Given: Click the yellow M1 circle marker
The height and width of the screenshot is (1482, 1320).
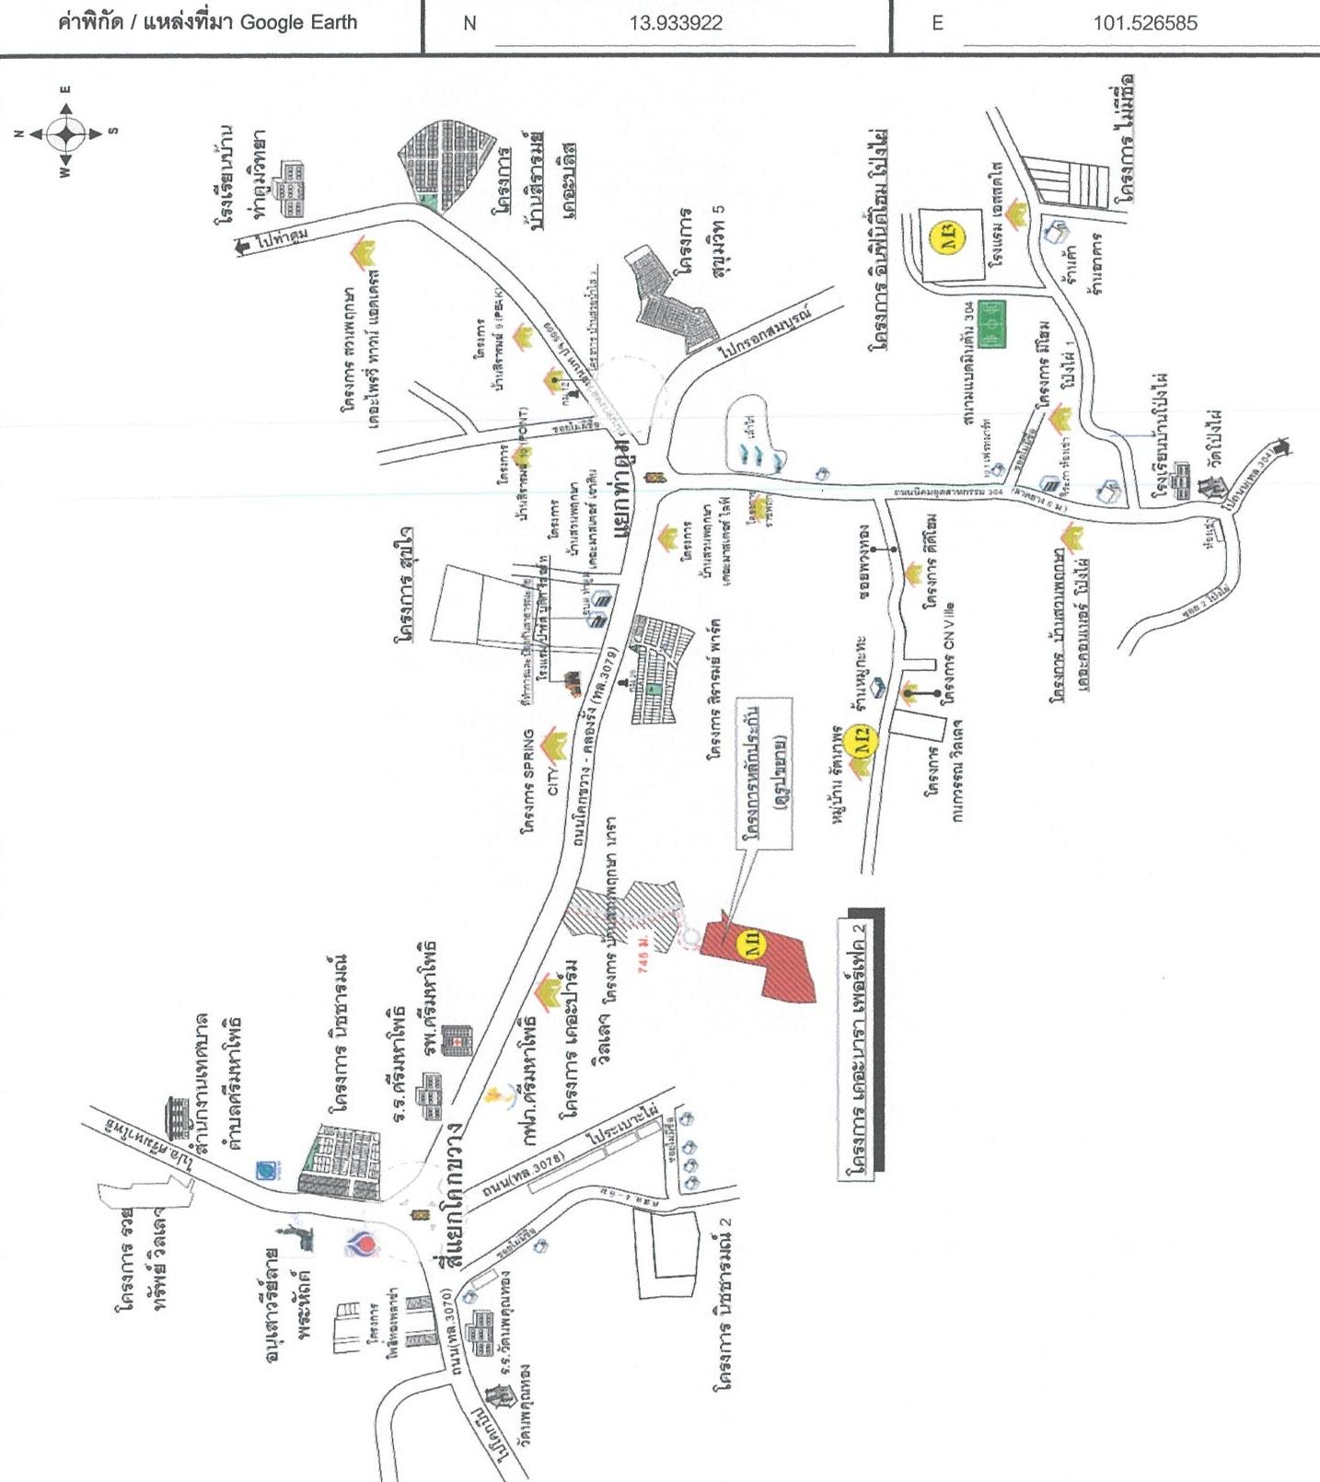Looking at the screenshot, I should pos(752,945).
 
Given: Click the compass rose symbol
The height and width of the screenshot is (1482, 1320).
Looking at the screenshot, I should pos(65,133).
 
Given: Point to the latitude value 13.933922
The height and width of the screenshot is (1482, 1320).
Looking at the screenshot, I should pos(676,23).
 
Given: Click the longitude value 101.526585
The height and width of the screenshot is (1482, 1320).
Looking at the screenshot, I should pos(1145,23).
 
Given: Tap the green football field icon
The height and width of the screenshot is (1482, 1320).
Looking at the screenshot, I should pos(991,325).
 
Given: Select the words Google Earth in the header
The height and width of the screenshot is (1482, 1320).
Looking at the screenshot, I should pos(298,22).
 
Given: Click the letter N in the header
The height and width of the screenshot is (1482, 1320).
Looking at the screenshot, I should pos(469,24).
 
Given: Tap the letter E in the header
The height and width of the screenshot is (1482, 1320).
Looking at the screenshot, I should pos(937,24).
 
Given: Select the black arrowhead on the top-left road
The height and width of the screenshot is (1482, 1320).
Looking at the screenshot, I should pos(243,247).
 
